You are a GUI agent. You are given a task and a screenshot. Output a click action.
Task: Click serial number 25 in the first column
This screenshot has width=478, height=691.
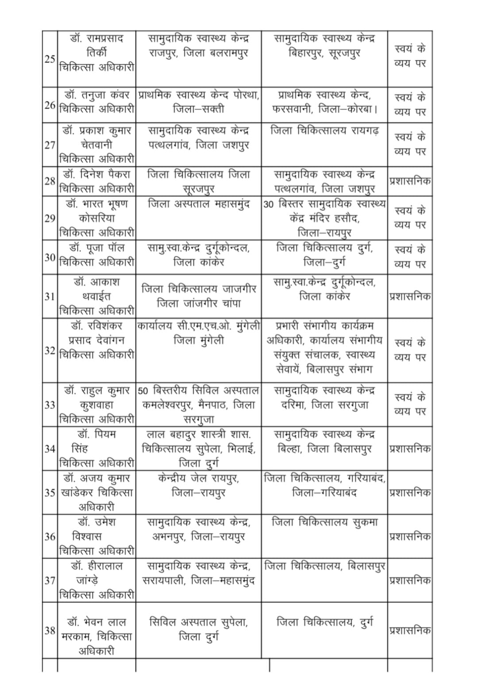pyautogui.click(x=50, y=59)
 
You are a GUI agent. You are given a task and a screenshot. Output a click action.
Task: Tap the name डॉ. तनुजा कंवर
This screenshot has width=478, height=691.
pyautogui.click(x=97, y=95)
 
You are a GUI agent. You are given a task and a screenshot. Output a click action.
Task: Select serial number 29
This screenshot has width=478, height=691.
pyautogui.click(x=50, y=218)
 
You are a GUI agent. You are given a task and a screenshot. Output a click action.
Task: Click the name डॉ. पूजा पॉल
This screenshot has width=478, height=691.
pyautogui.click(x=97, y=248)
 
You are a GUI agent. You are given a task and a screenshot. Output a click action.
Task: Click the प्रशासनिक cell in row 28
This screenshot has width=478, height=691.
pyautogui.click(x=410, y=181)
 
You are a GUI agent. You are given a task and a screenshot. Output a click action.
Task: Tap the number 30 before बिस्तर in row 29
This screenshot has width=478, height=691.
pyautogui.click(x=269, y=205)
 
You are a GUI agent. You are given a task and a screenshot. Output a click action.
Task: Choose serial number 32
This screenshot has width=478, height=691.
pyautogui.click(x=50, y=351)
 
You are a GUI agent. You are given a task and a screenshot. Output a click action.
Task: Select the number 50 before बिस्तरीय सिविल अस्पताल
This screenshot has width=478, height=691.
pyautogui.click(x=143, y=391)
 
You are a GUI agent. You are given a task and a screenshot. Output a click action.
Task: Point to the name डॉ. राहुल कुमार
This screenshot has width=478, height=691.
pyautogui.click(x=97, y=391)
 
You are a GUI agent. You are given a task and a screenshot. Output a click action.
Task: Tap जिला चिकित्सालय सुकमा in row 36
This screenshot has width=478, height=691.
pyautogui.click(x=325, y=522)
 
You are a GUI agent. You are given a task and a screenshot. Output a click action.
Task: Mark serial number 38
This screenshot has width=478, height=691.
pyautogui.click(x=50, y=630)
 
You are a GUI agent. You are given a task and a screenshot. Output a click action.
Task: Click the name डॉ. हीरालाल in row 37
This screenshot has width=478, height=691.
pyautogui.click(x=97, y=566)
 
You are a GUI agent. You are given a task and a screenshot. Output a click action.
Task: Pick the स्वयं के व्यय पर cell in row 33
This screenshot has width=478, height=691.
pyautogui.click(x=410, y=404)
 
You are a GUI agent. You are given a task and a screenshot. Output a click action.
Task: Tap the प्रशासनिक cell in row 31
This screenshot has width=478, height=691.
pyautogui.click(x=410, y=297)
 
